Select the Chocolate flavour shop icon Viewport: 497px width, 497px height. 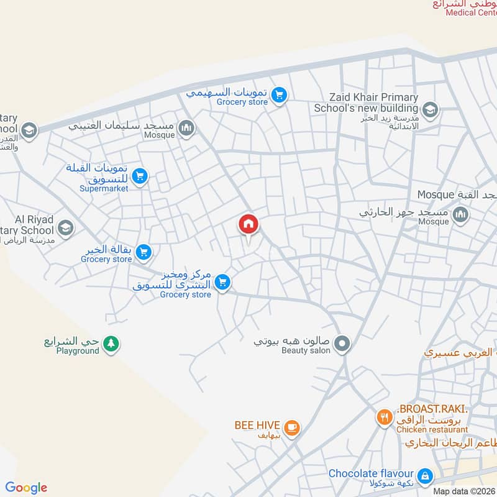[x=425, y=476]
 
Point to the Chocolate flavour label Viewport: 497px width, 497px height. [x=372, y=474]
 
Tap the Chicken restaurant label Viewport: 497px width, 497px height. [x=432, y=429]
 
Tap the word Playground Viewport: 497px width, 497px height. [x=78, y=351]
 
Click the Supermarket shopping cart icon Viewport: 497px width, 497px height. [x=140, y=177]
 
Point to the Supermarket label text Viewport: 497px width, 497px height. [x=104, y=188]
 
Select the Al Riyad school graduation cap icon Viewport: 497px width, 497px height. [x=65, y=228]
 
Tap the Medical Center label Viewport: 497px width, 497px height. [x=470, y=13]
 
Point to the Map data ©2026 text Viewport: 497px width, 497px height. [x=463, y=491]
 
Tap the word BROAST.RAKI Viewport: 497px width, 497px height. [x=432, y=409]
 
